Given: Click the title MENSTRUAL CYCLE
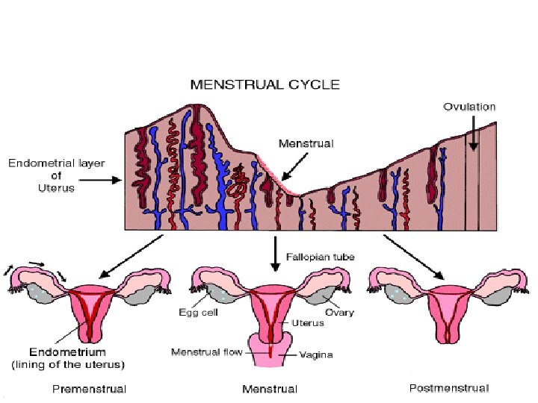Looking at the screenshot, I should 265,84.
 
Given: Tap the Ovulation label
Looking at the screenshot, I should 469,107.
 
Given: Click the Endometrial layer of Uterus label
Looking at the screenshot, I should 47,174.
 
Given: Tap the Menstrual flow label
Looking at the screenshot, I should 206,352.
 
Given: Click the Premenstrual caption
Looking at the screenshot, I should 89,388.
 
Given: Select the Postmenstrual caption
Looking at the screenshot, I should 450,388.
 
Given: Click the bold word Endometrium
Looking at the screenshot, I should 67,352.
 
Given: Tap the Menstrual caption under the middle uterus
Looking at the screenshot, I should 270,388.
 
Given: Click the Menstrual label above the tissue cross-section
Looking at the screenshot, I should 306,142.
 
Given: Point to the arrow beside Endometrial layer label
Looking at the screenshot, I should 108,180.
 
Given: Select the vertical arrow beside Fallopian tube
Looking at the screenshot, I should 276,254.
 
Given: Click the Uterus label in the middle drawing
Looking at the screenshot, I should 309,323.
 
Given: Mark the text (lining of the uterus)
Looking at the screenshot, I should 67,364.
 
